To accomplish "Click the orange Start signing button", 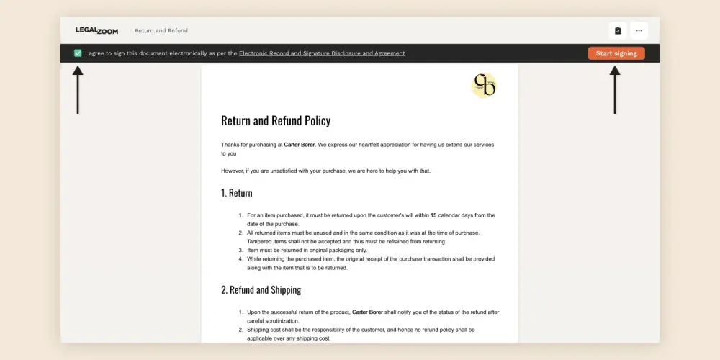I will pyautogui.click(x=616, y=53).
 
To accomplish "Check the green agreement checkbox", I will pyautogui.click(x=78, y=53).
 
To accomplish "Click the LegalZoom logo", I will pyautogui.click(x=96, y=30).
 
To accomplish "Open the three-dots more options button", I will pyautogui.click(x=639, y=30).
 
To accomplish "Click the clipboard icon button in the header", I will pyautogui.click(x=618, y=30).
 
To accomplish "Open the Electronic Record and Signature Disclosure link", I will pyautogui.click(x=322, y=53).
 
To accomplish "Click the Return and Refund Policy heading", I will pyautogui.click(x=276, y=121).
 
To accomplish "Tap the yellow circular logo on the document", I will pyautogui.click(x=484, y=86).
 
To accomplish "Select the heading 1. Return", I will pyautogui.click(x=237, y=193).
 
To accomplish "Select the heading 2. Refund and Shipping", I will pyautogui.click(x=261, y=290).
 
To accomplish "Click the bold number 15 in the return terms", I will pyautogui.click(x=433, y=215).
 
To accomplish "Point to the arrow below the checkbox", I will pyautogui.click(x=78, y=90).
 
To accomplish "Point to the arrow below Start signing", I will pyautogui.click(x=614, y=90).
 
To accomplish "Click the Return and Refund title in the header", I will pyautogui.click(x=161, y=30).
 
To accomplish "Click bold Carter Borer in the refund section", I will pyautogui.click(x=372, y=312).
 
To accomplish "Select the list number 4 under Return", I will pyautogui.click(x=240, y=259).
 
